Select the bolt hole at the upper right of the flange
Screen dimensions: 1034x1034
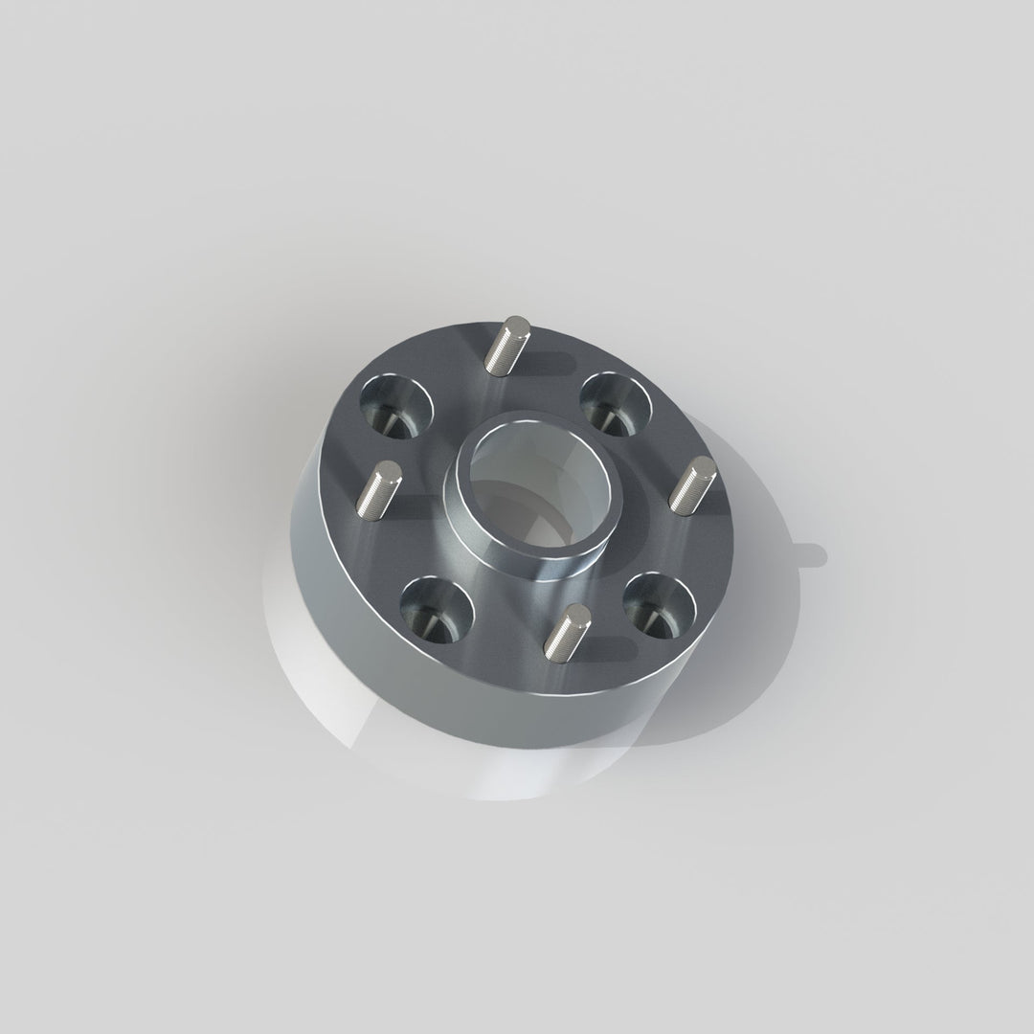616,402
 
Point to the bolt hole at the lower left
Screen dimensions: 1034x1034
437,610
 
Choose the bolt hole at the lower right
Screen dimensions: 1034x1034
659,606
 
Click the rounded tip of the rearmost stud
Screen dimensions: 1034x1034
517,324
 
